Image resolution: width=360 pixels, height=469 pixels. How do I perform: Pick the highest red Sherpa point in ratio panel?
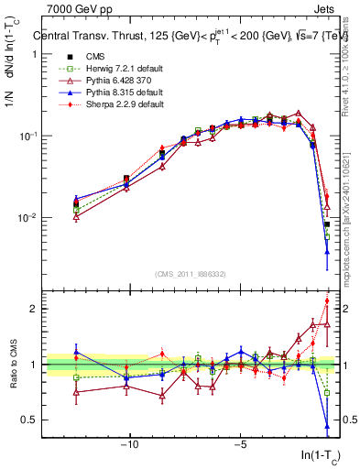click(327, 301)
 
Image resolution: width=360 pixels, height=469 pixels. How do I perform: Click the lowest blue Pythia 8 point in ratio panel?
click(327, 426)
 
